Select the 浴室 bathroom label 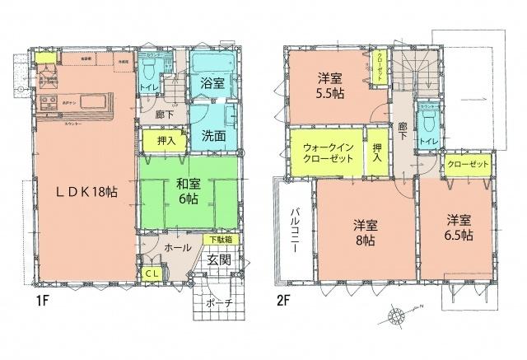click(x=212, y=83)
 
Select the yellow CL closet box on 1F click(x=151, y=274)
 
